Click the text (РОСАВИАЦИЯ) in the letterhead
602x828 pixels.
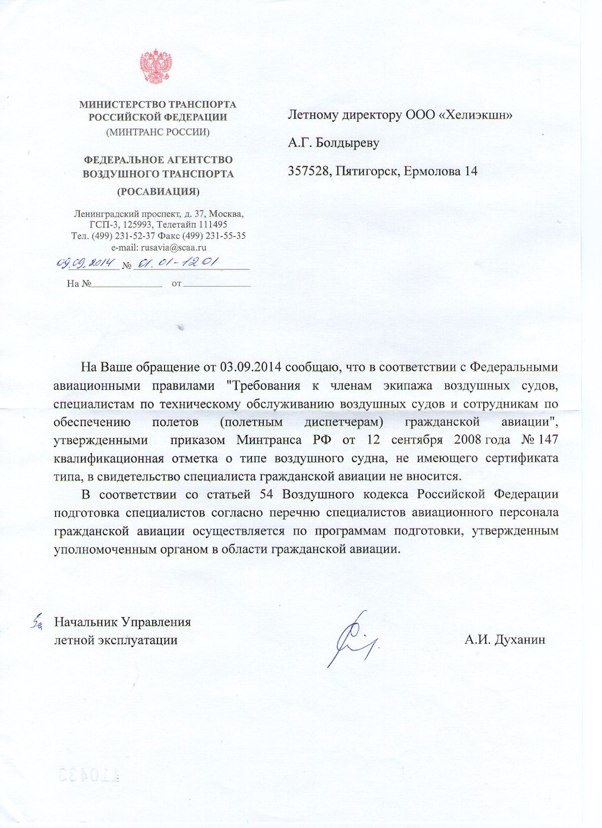click(x=158, y=191)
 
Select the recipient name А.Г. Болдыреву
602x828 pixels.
click(x=333, y=143)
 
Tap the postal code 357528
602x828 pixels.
click(x=308, y=171)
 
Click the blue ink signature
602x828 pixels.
click(x=353, y=640)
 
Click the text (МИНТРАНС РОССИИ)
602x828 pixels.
click(x=158, y=132)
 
